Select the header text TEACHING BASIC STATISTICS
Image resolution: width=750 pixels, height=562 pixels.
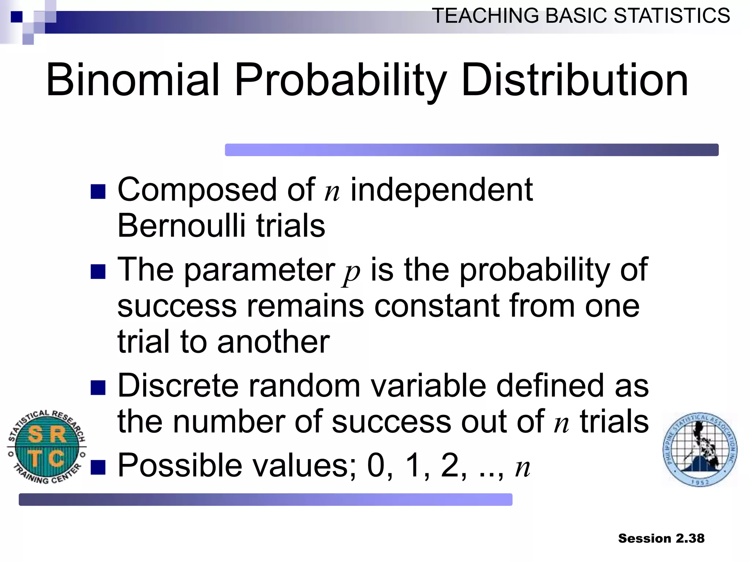pyautogui.click(x=581, y=16)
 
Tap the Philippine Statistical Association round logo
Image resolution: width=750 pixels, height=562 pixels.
pyautogui.click(x=700, y=449)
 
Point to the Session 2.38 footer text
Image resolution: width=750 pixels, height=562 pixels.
pyautogui.click(x=661, y=539)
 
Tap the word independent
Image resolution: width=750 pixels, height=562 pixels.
pyautogui.click(x=441, y=190)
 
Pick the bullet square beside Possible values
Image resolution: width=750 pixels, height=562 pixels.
pyautogui.click(x=98, y=467)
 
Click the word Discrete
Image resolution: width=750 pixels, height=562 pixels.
pyautogui.click(x=178, y=386)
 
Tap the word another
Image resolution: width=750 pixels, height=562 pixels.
pyautogui.click(x=273, y=342)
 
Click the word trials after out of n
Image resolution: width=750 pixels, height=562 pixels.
pyautogui.click(x=614, y=421)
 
